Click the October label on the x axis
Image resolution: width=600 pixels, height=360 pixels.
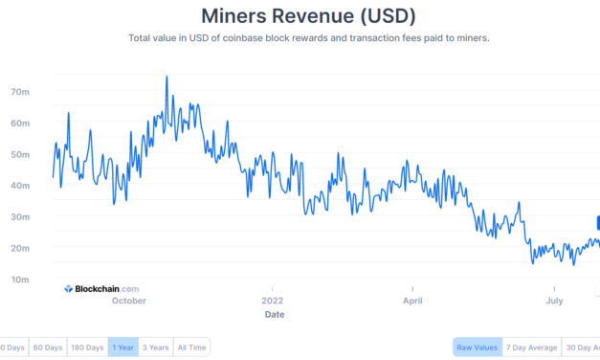click(128, 301)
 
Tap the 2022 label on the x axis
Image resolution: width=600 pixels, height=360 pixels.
click(273, 301)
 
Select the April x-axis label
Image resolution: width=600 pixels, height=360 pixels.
click(412, 301)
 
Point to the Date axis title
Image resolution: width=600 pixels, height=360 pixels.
click(274, 314)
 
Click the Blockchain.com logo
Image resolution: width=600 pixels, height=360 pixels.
click(101, 288)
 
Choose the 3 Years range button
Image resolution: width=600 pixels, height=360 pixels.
click(155, 347)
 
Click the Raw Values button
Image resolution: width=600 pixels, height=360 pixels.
click(476, 347)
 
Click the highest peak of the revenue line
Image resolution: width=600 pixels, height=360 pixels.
click(167, 77)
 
